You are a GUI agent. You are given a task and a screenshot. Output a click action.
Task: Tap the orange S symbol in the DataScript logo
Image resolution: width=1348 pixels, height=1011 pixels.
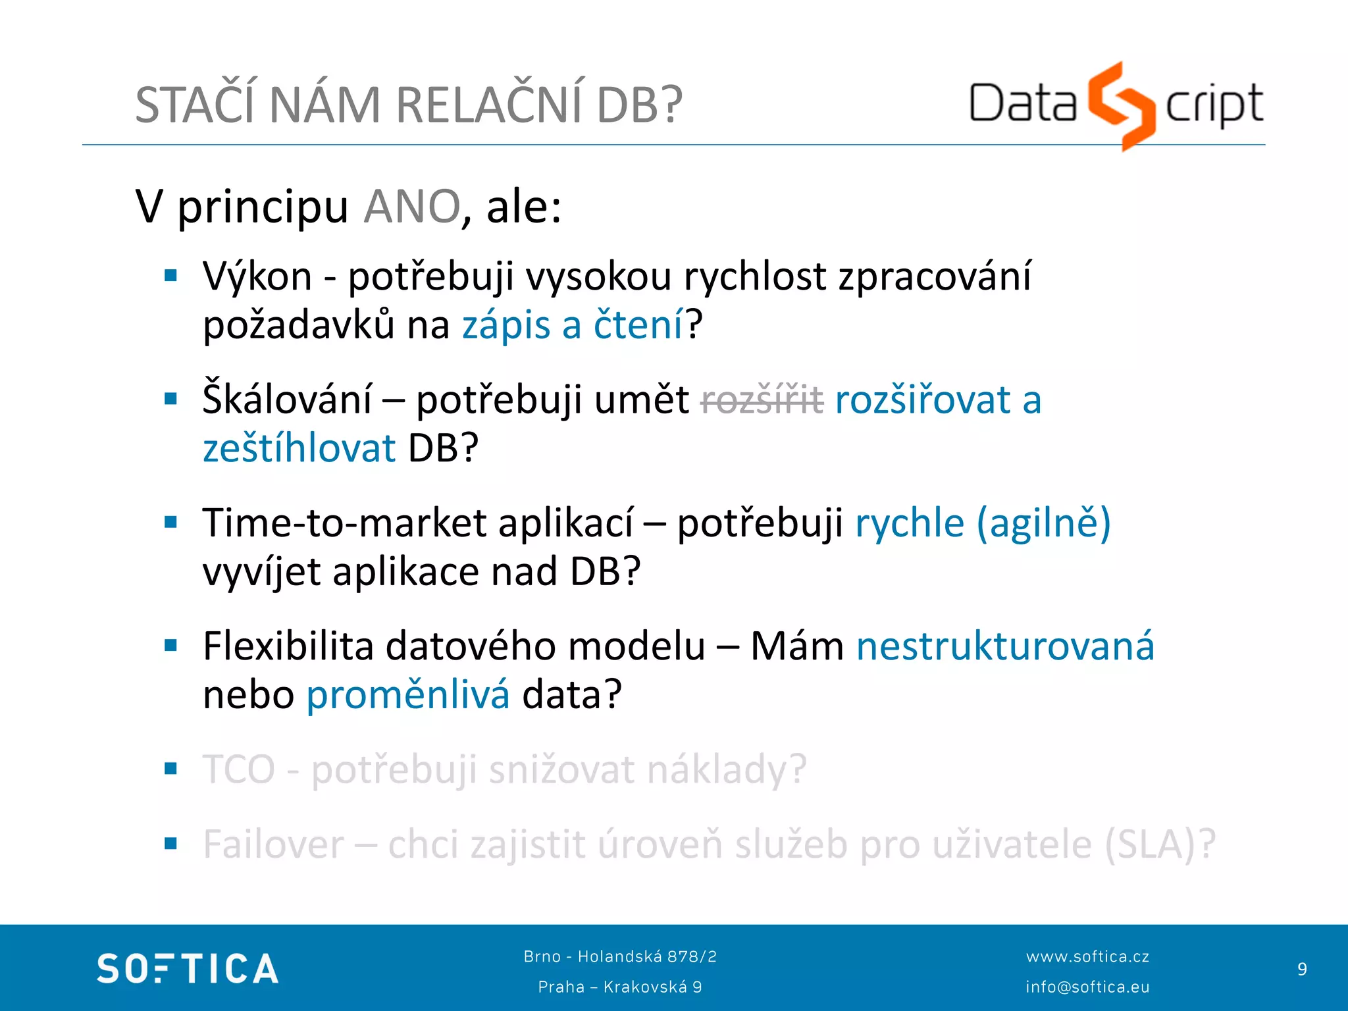(1122, 105)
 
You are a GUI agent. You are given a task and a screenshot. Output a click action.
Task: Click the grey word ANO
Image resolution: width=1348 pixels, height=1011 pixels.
(412, 207)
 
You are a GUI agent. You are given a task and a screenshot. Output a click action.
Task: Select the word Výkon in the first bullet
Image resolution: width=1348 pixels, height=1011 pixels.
(257, 276)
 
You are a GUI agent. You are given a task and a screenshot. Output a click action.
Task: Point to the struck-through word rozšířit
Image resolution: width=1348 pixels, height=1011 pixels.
(762, 400)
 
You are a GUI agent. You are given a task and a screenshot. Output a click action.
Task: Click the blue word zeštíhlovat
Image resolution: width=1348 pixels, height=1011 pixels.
(299, 449)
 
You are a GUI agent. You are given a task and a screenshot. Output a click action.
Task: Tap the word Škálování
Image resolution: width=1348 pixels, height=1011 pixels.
(287, 400)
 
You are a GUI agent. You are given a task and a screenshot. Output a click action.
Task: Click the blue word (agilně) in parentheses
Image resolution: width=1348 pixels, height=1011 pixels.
(1044, 523)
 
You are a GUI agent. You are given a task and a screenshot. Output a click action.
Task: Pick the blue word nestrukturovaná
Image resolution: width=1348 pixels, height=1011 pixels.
(1005, 646)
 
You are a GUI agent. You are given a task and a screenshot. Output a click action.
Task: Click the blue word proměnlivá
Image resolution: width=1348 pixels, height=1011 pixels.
(408, 695)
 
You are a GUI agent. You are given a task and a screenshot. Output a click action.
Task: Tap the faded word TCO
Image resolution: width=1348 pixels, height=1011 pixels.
(239, 769)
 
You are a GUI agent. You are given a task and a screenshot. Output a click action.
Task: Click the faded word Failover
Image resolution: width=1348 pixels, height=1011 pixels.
(274, 844)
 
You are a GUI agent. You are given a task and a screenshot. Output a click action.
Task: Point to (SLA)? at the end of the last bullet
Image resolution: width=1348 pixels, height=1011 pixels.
(1160, 844)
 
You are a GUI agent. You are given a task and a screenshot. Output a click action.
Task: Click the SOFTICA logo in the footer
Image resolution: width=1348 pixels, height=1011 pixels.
(188, 969)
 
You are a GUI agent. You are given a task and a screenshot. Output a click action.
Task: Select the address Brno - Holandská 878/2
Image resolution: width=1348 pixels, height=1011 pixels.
(620, 956)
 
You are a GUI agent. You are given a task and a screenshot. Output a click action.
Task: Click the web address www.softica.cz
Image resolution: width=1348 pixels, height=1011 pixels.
(1087, 956)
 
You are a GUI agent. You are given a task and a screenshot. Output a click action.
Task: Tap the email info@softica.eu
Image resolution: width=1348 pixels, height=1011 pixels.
(1087, 987)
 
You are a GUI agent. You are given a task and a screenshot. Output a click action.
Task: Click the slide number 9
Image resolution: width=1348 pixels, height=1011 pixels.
(1302, 969)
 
